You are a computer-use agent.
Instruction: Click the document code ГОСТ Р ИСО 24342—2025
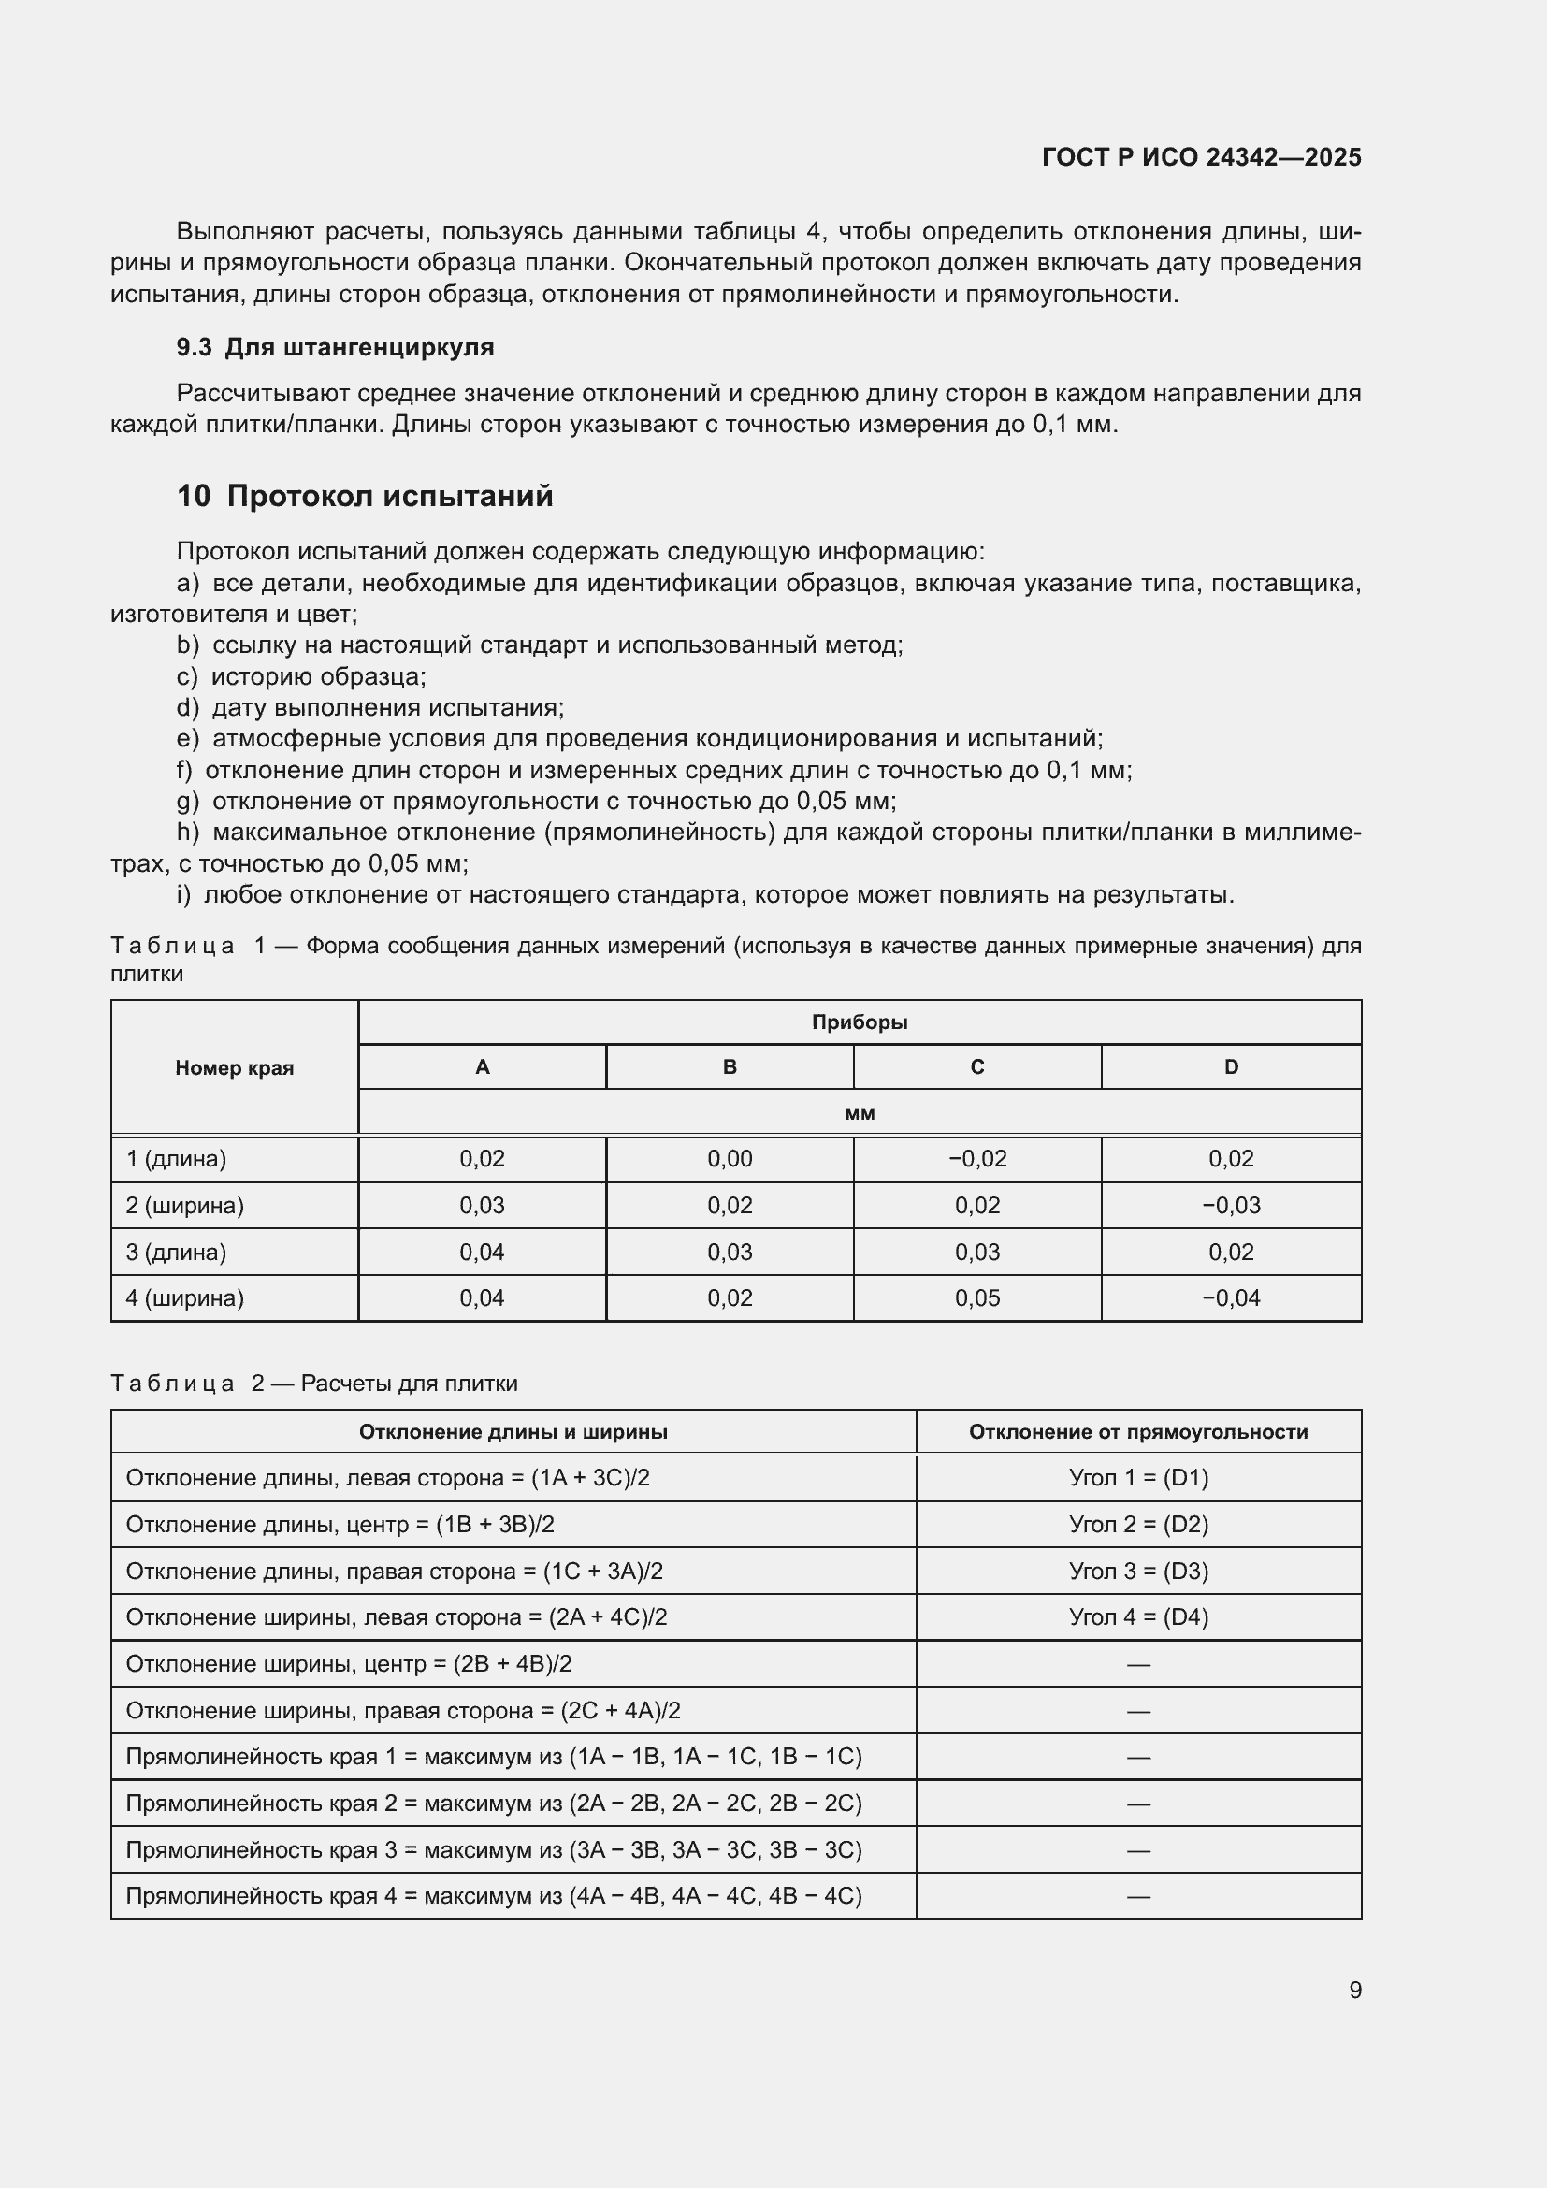[x=1201, y=157]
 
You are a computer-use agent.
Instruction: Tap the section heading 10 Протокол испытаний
[x=365, y=496]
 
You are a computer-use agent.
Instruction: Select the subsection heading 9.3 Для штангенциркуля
[x=336, y=347]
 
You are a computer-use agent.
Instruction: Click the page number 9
[x=1354, y=1990]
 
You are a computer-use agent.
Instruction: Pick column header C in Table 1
[x=976, y=1066]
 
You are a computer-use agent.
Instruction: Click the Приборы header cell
[x=860, y=1022]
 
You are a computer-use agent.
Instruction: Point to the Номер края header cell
[x=235, y=1067]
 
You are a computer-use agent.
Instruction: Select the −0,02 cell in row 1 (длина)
[x=976, y=1159]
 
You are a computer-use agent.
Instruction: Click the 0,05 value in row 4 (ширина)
[x=976, y=1298]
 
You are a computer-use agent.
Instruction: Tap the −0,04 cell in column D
[x=1231, y=1298]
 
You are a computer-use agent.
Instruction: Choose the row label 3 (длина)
[x=176, y=1253]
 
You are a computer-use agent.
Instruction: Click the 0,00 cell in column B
[x=730, y=1159]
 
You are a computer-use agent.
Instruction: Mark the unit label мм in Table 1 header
[x=860, y=1113]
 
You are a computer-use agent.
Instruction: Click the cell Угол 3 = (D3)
[x=1138, y=1572]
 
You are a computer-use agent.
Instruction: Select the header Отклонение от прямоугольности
[x=1138, y=1431]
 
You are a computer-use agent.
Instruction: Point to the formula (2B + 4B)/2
[x=512, y=1664]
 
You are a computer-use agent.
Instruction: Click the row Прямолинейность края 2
[x=494, y=1803]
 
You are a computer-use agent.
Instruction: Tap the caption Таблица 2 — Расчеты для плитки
[x=314, y=1383]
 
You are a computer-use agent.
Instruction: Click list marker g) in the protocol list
[x=188, y=801]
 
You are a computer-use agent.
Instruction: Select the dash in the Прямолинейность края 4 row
[x=1138, y=1896]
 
